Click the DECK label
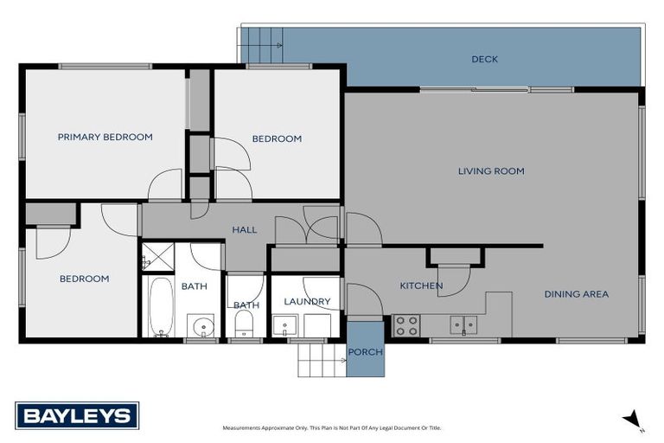(x=484, y=60)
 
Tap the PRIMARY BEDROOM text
(x=105, y=137)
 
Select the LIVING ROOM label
(x=491, y=171)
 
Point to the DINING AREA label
(x=576, y=294)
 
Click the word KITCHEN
(x=421, y=286)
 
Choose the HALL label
(x=246, y=230)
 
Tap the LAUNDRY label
(x=308, y=302)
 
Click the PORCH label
(x=365, y=352)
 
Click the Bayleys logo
(x=77, y=415)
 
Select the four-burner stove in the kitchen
(x=406, y=325)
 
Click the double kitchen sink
(x=462, y=325)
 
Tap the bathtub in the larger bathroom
(x=161, y=306)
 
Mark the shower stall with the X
(x=157, y=257)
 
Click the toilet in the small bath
(x=245, y=324)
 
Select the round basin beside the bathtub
(x=201, y=326)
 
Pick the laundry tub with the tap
(x=284, y=326)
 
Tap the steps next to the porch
(x=322, y=357)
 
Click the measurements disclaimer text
(x=331, y=428)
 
